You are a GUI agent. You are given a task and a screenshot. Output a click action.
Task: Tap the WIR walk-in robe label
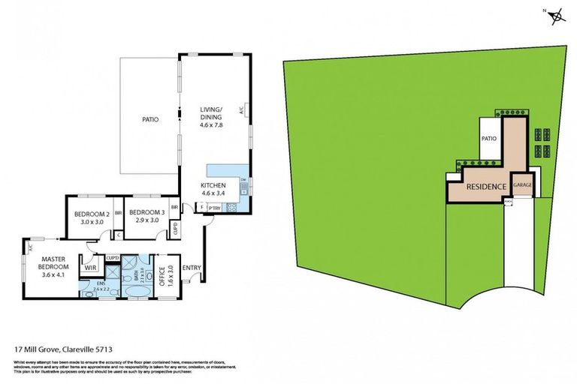(x=89, y=267)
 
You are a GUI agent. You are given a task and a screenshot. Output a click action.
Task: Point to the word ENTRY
(x=192, y=268)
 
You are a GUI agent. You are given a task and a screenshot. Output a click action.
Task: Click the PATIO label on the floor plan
(x=151, y=118)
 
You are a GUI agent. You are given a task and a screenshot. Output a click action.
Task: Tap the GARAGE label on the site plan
(x=522, y=184)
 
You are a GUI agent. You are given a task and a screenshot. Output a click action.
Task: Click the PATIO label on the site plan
(x=490, y=138)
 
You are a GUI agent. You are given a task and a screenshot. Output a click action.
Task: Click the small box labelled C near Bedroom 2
(x=118, y=235)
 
